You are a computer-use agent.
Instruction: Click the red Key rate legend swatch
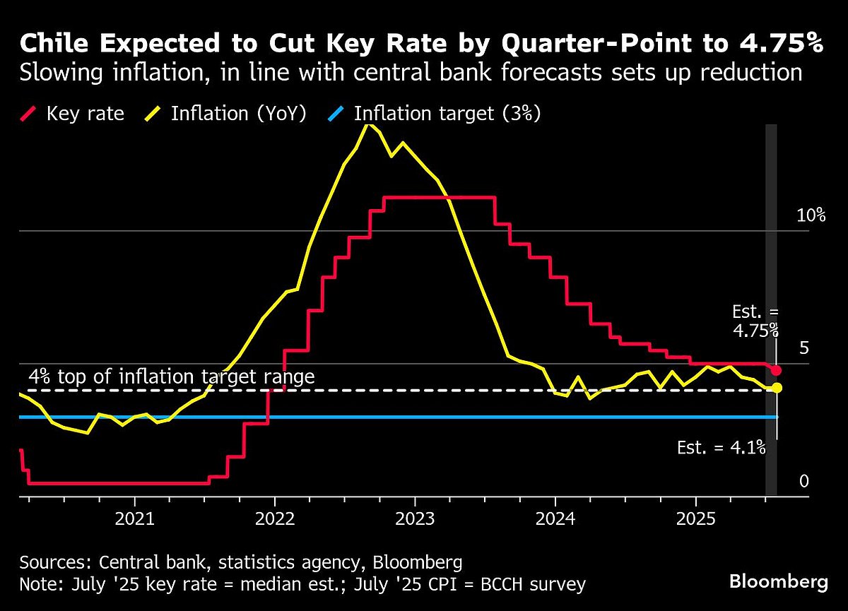coord(30,114)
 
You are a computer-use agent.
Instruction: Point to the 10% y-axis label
coord(811,216)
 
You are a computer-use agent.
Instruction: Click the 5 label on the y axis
coord(803,348)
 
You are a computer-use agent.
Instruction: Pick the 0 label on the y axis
coord(803,481)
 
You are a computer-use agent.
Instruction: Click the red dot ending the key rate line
coord(777,370)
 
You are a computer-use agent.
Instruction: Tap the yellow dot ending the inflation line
coord(777,387)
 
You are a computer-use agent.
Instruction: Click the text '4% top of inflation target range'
coord(171,376)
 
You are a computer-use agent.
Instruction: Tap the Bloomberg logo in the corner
coord(779,582)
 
